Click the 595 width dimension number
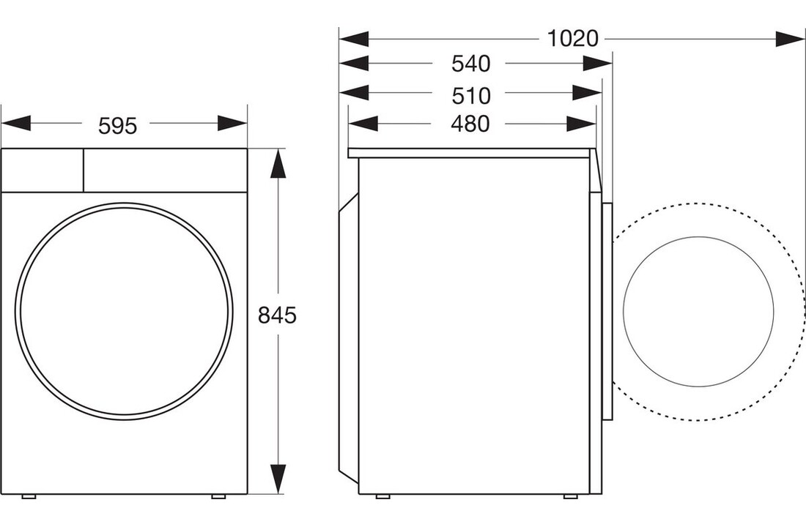[118, 126]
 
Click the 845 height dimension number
[277, 315]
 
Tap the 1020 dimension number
[573, 38]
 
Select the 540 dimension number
[470, 64]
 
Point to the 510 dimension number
[470, 95]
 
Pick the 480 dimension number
[470, 124]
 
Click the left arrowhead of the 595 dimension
[16, 124]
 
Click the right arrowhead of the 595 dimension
[232, 124]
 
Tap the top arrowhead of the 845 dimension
[276, 164]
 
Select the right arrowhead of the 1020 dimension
[790, 38]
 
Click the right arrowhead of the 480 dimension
[583, 124]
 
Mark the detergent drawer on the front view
[42, 170]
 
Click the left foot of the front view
[29, 497]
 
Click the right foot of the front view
[218, 497]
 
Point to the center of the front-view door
[125, 312]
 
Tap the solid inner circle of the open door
[698, 311]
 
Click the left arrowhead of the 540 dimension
[353, 64]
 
